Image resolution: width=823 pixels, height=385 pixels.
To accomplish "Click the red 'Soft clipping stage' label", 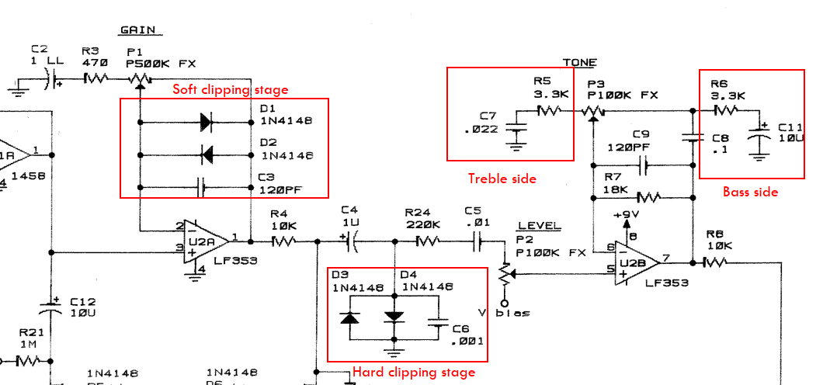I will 230,90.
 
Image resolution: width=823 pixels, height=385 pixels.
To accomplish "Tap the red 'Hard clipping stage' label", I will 414,372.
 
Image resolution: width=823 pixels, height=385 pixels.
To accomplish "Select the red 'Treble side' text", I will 502,179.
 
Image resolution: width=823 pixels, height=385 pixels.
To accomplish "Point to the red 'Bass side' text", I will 751,192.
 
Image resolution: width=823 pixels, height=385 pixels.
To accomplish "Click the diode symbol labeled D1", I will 207,121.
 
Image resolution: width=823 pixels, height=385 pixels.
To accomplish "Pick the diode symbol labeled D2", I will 207,154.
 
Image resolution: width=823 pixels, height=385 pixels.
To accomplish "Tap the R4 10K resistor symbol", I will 283,241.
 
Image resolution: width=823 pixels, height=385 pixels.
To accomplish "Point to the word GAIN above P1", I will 137,30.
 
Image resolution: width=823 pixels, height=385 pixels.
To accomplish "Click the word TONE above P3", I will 580,62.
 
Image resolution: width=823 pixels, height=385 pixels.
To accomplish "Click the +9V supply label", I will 626,214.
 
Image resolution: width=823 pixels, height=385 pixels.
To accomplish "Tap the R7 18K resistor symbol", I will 646,196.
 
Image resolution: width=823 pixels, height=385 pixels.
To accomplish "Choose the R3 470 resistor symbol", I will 95,78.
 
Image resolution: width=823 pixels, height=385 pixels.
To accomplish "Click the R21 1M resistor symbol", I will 29,360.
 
